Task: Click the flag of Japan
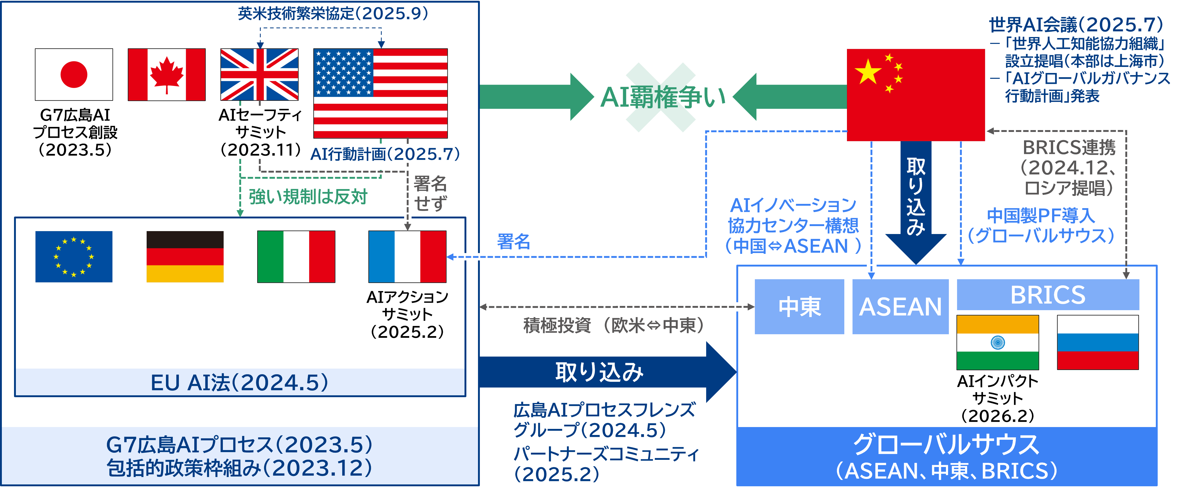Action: [x=74, y=75]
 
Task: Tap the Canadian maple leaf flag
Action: [x=166, y=75]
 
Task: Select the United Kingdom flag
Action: [x=259, y=75]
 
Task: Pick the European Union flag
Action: [x=74, y=256]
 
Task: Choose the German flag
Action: [x=185, y=256]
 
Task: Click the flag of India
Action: [x=997, y=342]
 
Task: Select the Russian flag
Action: [x=1097, y=342]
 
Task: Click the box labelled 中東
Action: [x=799, y=307]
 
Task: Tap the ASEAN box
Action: [x=900, y=307]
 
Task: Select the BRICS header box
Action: [x=1048, y=295]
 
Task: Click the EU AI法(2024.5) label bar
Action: [x=240, y=382]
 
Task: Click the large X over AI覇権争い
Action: [x=660, y=97]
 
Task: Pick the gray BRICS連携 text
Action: [x=1069, y=148]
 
